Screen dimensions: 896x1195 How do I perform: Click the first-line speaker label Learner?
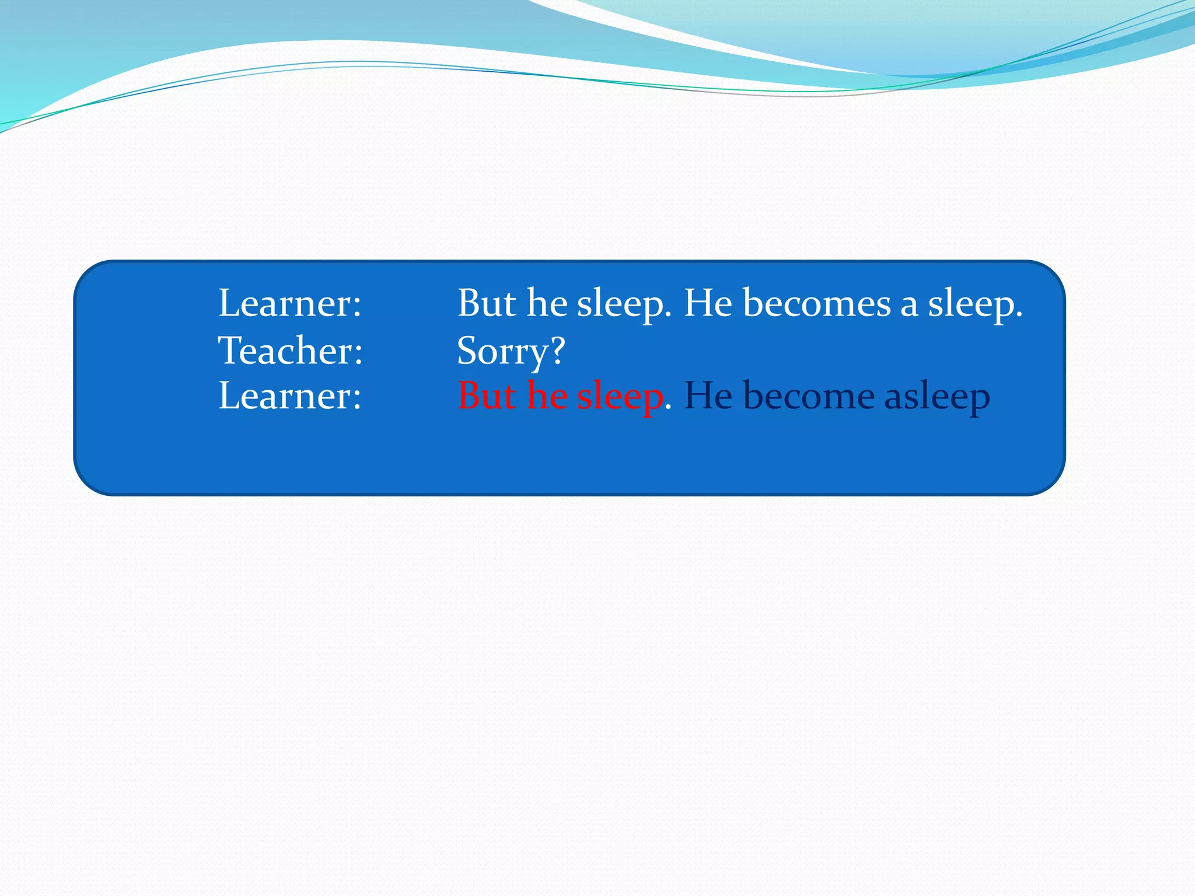290,303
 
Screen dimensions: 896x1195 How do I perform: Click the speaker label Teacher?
291,351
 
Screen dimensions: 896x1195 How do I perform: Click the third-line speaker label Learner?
290,396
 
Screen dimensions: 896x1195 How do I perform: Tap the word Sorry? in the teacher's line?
511,352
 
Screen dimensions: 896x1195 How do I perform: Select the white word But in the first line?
487,303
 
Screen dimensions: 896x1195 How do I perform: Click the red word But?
487,396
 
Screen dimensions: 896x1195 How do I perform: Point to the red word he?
547,396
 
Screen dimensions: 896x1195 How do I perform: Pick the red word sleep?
620,397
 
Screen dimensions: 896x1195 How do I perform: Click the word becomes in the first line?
817,303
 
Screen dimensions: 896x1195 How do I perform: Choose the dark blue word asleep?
937,397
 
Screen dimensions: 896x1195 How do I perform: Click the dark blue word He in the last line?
708,396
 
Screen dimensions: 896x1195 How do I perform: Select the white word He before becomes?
708,303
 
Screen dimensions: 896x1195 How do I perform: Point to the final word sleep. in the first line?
975,304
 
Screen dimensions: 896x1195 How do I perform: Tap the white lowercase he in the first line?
547,303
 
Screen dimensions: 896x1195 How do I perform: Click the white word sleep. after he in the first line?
624,304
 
